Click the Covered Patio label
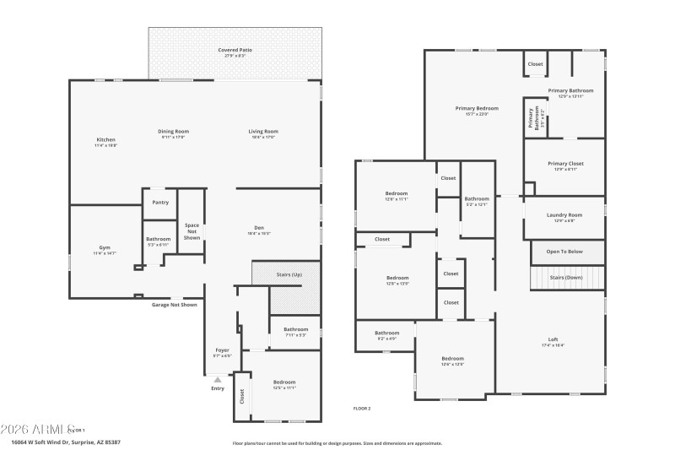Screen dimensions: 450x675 [235, 51]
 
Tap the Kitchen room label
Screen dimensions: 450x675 [105, 140]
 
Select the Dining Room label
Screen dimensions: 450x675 [175, 132]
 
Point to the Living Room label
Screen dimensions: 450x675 [263, 132]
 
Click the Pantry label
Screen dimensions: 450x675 [160, 203]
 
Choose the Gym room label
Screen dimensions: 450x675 [105, 248]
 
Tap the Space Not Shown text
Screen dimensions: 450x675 [192, 231]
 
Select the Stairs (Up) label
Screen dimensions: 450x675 [289, 275]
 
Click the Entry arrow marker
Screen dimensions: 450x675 [217, 380]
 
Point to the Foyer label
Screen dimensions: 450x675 [222, 350]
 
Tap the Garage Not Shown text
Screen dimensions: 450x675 [175, 305]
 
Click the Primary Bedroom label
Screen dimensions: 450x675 [477, 108]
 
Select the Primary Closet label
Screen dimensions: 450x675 [565, 164]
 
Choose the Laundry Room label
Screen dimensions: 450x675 [564, 215]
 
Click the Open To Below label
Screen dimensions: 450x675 [564, 252]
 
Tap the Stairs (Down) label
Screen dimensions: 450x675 [566, 277]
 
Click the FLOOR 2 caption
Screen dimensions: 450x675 [362, 409]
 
